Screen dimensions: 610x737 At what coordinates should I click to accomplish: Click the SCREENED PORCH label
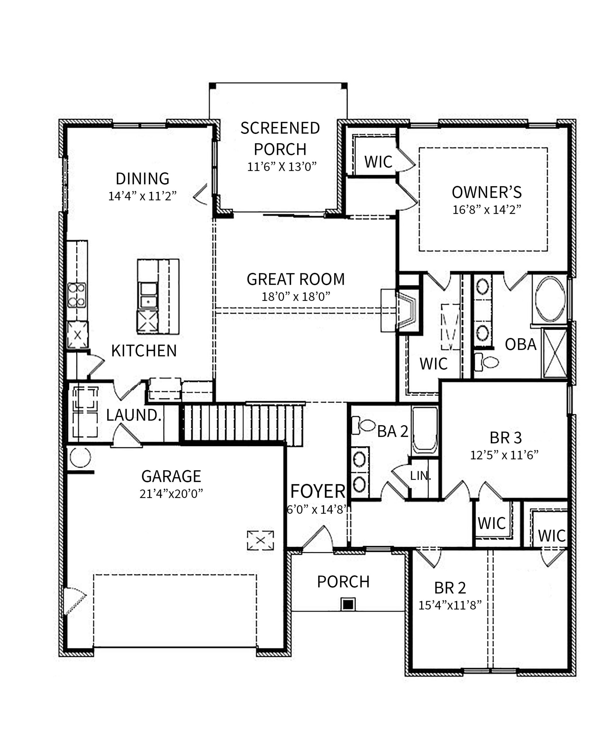coord(280,139)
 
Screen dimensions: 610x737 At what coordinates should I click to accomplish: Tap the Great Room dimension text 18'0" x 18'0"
coord(296,297)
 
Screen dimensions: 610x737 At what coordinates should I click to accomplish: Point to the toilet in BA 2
coord(364,425)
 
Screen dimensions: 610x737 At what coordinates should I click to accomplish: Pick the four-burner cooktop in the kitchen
coord(77,295)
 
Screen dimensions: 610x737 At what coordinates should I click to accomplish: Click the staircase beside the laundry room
coord(242,425)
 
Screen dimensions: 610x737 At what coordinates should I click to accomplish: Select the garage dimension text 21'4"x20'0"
coord(171,494)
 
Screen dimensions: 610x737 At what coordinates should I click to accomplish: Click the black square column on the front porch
coord(348,604)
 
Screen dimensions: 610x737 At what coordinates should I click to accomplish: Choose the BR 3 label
coord(506,438)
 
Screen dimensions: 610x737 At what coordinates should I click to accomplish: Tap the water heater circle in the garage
coord(80,457)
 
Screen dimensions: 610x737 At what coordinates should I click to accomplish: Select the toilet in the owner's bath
coord(487,362)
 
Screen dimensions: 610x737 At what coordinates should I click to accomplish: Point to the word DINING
coord(142,178)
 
